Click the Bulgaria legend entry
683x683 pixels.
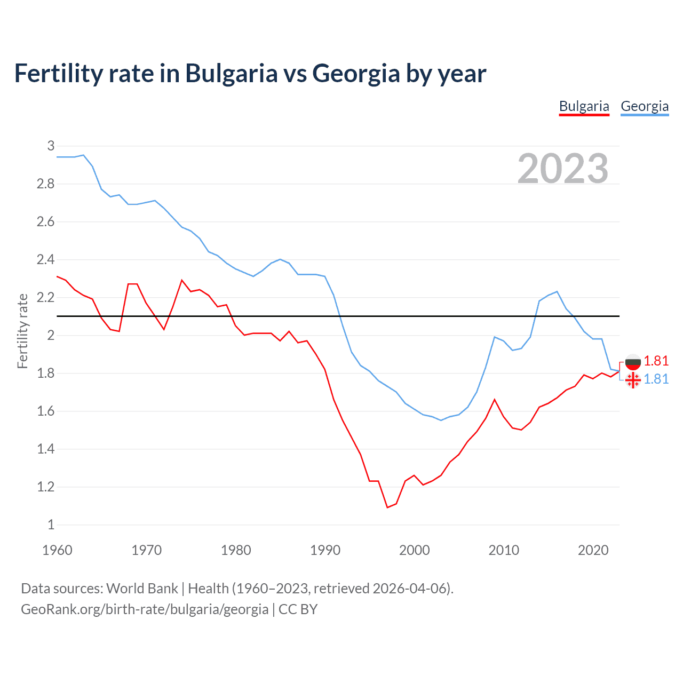584,106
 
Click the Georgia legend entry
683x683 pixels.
645,106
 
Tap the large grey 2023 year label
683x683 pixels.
563,169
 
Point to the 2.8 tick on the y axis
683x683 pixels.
45,184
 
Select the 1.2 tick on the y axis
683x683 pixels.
45,487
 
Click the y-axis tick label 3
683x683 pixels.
51,146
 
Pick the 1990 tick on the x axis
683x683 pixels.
325,550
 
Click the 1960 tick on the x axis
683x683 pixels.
57,550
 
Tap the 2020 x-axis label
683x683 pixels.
593,550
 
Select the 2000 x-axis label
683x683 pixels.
414,550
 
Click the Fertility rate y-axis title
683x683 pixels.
22,331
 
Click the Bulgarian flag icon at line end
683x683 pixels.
633,362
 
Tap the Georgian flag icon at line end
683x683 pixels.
633,380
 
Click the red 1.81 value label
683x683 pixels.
656,361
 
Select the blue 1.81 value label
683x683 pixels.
656,379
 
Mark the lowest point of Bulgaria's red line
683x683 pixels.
387,507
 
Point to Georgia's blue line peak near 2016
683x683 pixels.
557,291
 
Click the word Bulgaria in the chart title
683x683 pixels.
231,74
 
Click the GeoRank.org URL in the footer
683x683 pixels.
145,609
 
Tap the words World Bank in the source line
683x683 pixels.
142,588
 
